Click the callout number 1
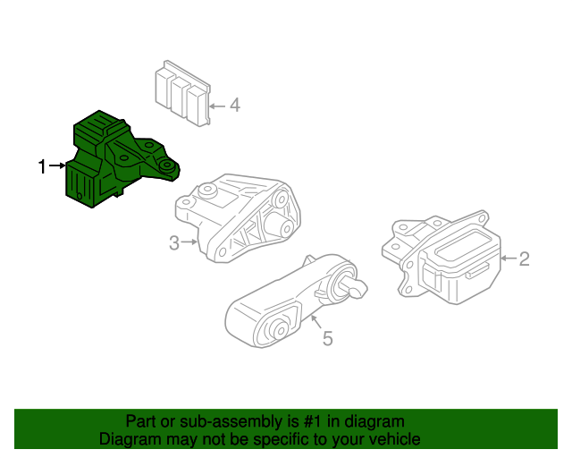[x=41, y=165]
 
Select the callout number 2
[x=525, y=259]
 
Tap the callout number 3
[x=174, y=241]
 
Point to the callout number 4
[x=235, y=106]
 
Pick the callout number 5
[x=327, y=338]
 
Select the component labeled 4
[x=181, y=92]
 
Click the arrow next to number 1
[x=58, y=165]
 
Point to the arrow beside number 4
[x=216, y=106]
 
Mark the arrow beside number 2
[x=507, y=259]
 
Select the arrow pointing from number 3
[x=190, y=241]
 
